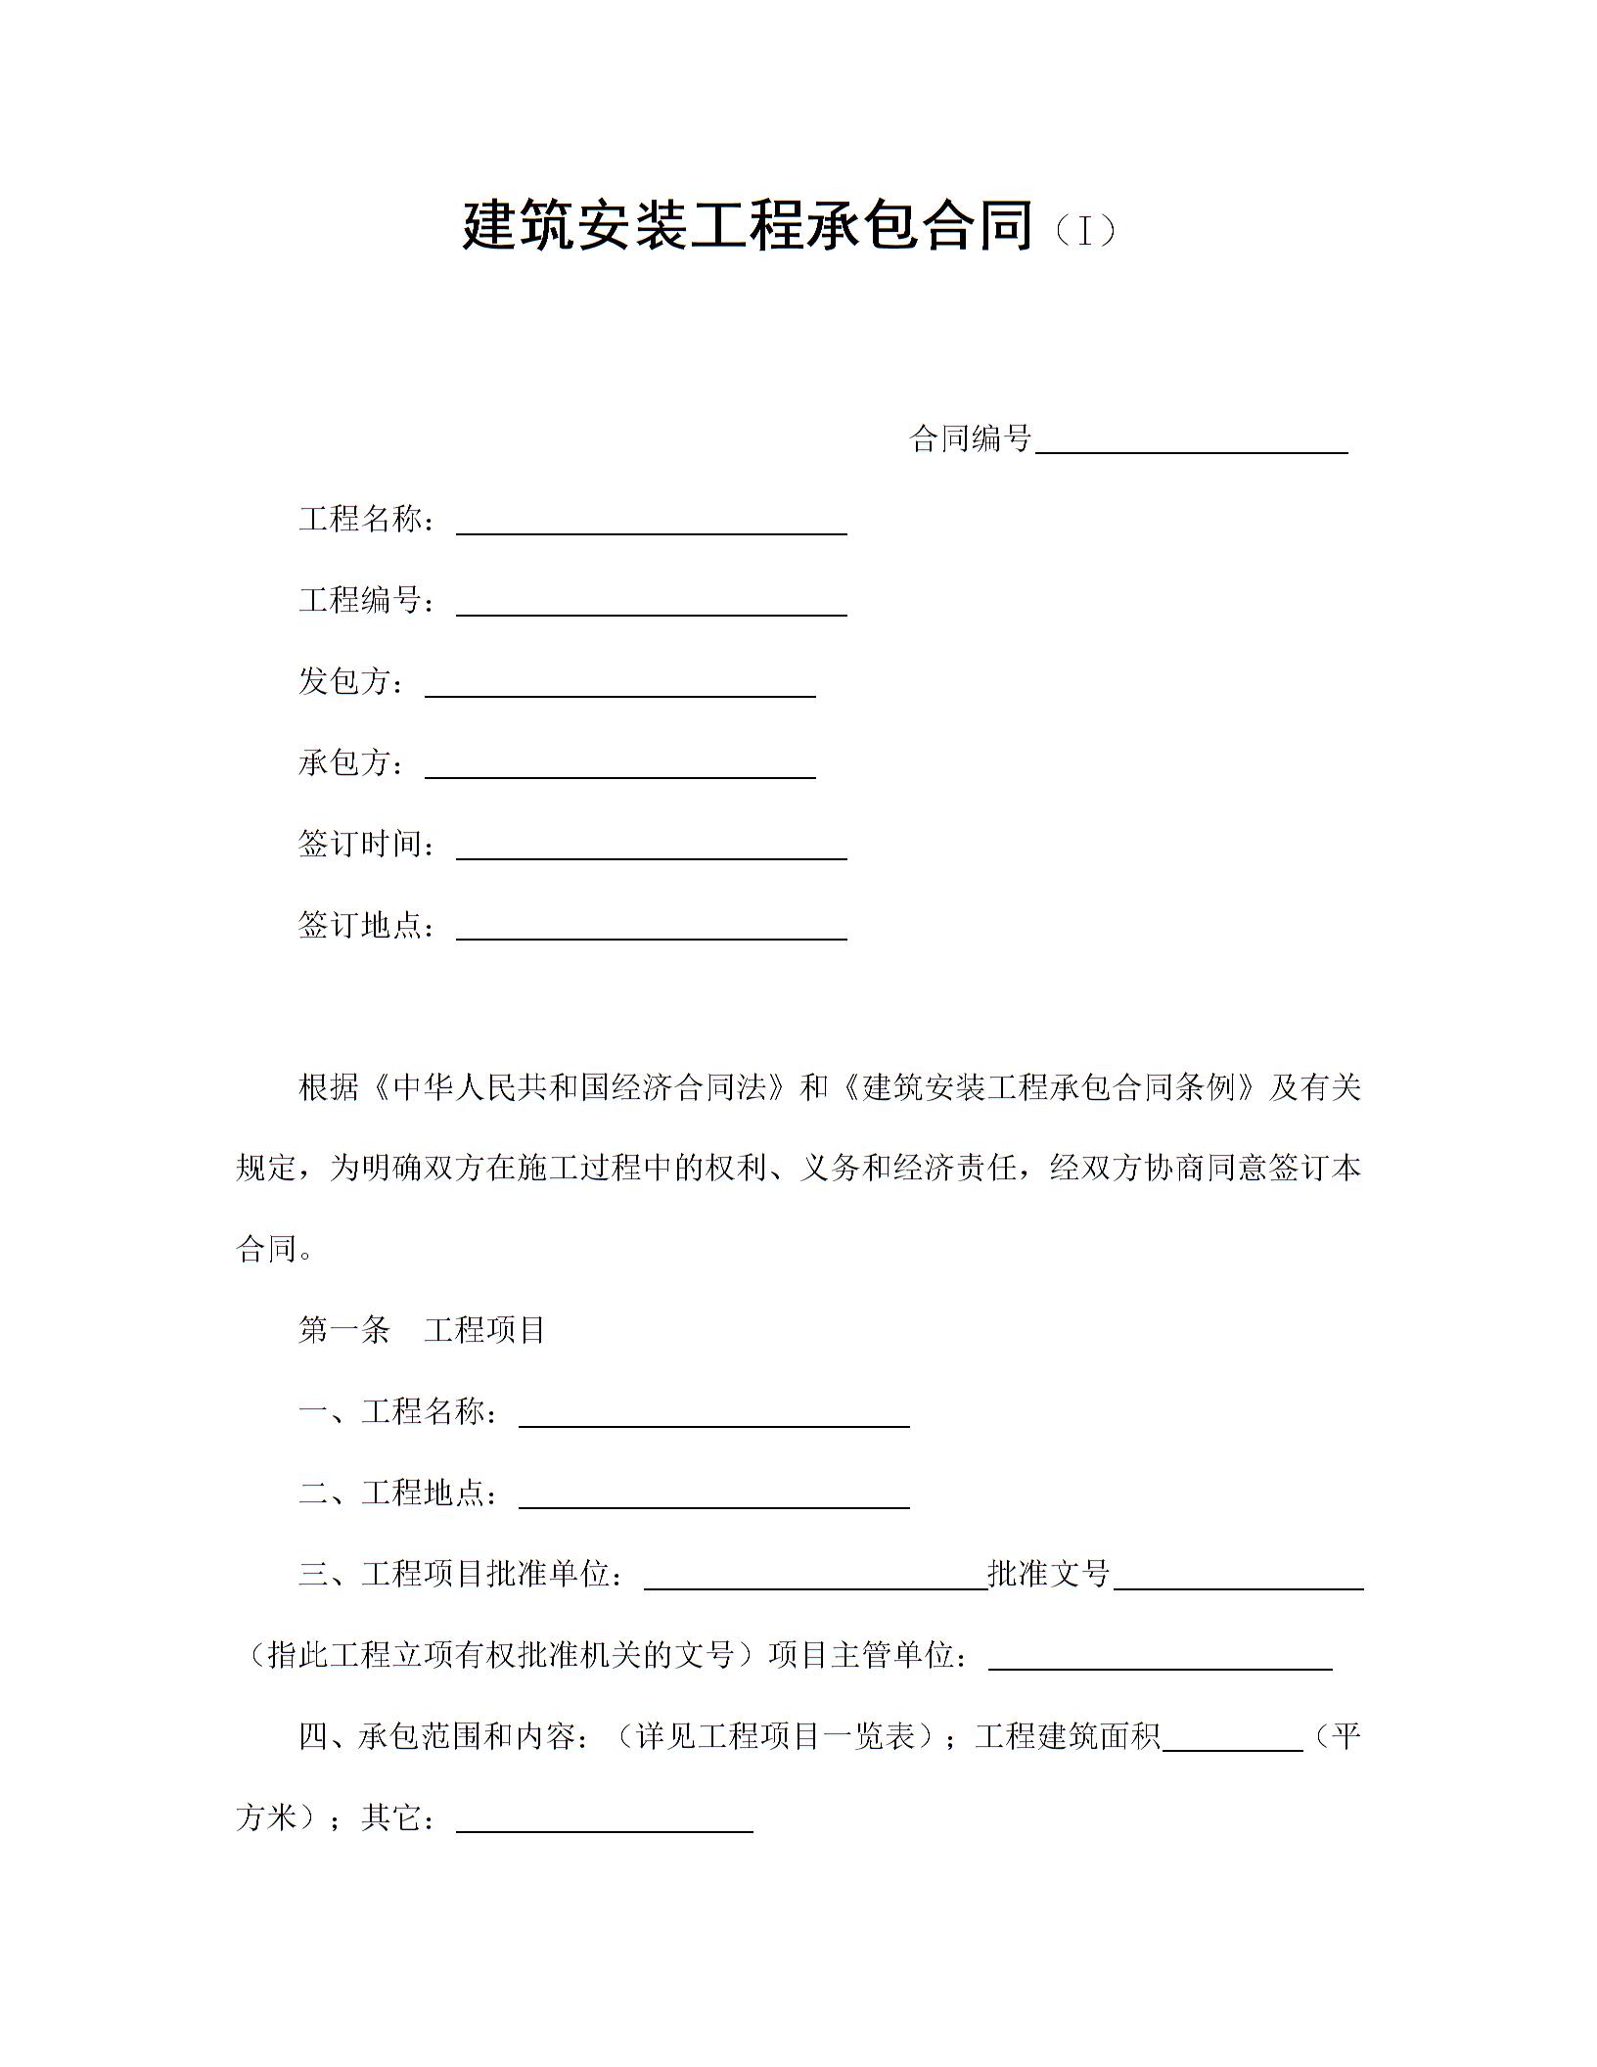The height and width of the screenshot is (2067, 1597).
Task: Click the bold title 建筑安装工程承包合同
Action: click(x=748, y=227)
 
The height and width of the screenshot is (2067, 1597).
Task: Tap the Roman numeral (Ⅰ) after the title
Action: click(x=1084, y=231)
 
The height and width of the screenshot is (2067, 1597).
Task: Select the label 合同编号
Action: click(x=971, y=438)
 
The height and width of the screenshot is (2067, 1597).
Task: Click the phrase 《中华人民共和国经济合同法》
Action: click(x=578, y=1087)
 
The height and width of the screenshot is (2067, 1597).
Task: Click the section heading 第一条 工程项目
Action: click(x=422, y=1330)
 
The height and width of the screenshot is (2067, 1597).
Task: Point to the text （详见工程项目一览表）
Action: click(x=774, y=1736)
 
